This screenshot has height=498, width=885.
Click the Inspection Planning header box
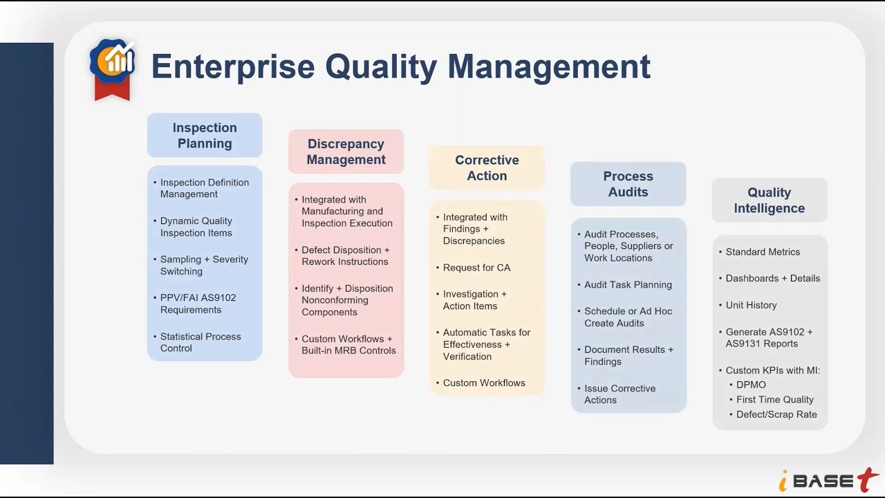pos(205,136)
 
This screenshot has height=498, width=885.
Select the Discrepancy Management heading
pos(346,151)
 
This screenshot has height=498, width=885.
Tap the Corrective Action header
pos(487,167)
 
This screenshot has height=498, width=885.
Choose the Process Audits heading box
pos(628,184)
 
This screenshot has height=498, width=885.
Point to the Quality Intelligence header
pos(769,201)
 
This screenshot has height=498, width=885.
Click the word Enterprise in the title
pos(232,66)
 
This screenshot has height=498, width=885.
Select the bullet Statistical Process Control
pos(200,342)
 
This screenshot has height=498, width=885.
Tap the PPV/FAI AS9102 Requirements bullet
pos(198,304)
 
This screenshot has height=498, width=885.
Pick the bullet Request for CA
pos(476,268)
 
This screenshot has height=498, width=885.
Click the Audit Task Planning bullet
pos(628,284)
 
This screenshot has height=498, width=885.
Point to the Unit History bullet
pos(751,305)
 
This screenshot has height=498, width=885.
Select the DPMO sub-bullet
pos(751,385)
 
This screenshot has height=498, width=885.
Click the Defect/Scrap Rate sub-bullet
pos(776,414)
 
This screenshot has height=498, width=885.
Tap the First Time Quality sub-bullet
pos(774,400)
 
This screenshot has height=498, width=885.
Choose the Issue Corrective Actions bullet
pos(619,394)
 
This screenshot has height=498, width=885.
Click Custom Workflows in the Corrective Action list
pos(484,382)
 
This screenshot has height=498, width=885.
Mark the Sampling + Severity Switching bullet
pos(203,265)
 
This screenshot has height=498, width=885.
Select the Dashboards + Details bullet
pos(772,278)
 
